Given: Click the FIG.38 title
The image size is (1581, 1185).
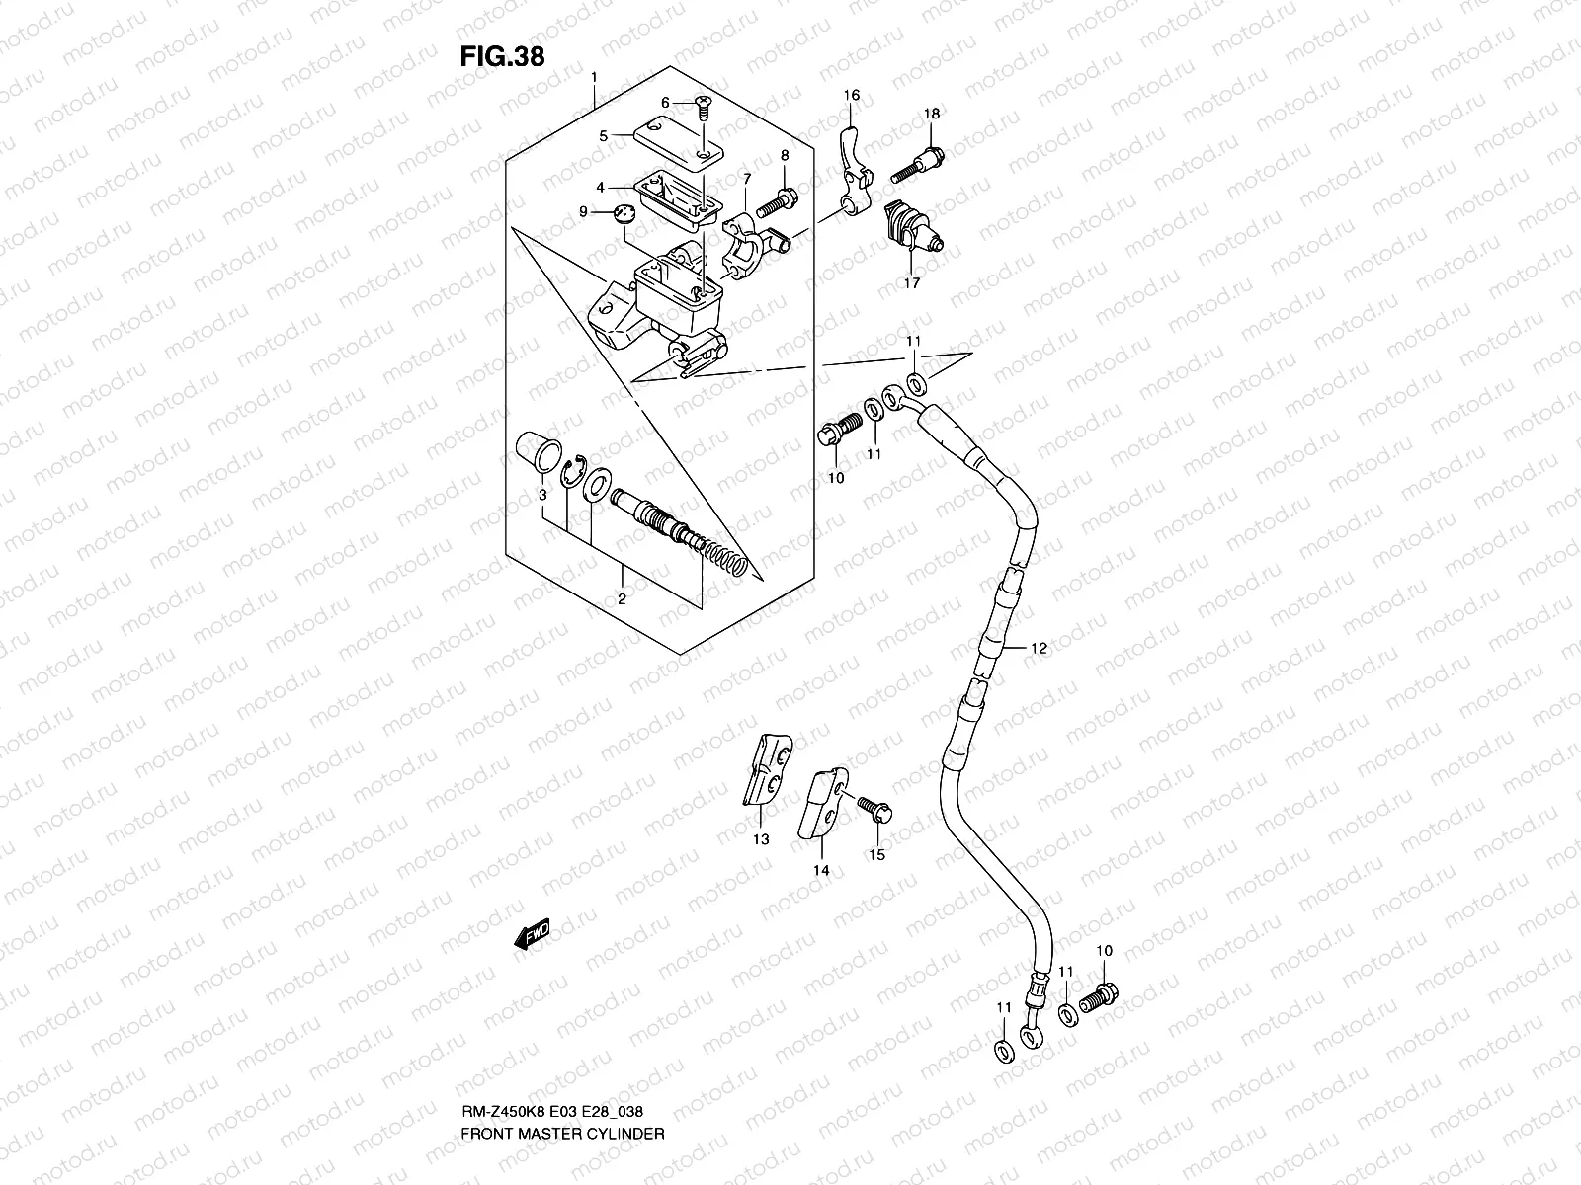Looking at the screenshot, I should tap(502, 56).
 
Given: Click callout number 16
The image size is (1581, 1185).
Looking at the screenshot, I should tap(851, 96).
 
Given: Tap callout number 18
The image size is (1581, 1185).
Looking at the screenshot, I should tap(932, 114).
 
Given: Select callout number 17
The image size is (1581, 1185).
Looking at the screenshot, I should tap(910, 282).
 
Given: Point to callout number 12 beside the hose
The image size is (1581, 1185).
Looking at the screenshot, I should tap(1038, 649).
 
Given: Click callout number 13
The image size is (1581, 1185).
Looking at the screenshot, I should tap(761, 840).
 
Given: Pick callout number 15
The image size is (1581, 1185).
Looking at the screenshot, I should tap(877, 854).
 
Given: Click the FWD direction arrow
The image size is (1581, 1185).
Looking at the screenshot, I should tap(532, 934).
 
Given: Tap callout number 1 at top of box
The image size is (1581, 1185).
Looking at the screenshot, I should tap(594, 77).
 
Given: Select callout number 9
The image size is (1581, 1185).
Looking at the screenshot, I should tap(583, 211).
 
